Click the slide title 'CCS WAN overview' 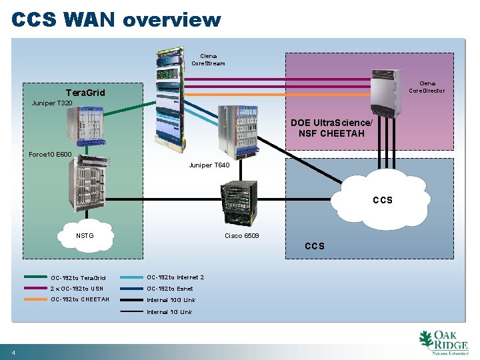tap(116, 19)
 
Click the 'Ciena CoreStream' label tap(208, 60)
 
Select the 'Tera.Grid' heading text tap(85, 93)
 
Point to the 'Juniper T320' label tap(52, 103)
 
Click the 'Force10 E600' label tap(50, 155)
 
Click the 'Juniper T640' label tap(209, 165)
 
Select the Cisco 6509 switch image tap(240, 204)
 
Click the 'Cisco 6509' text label tap(242, 236)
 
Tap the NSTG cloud tap(85, 235)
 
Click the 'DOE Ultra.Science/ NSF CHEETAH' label tap(337, 128)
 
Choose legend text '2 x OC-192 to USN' tap(77, 289)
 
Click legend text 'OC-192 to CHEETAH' tap(80, 299)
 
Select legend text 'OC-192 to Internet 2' tap(175, 277)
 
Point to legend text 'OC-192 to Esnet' tap(170, 289)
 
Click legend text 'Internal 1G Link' tap(169, 312)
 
